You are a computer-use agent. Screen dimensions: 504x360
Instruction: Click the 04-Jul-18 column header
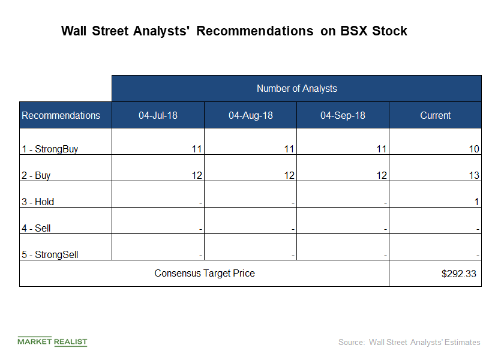158,115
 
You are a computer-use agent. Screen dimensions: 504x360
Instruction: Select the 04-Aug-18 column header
250,115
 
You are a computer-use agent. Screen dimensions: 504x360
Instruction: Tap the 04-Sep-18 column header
343,115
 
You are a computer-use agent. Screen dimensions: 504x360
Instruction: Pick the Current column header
435,115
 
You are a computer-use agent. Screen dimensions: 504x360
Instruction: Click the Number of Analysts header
296,88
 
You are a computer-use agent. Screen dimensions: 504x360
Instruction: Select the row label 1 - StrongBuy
50,149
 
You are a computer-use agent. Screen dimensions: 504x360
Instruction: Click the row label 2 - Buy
36,175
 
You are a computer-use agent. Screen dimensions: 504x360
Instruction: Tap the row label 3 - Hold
38,202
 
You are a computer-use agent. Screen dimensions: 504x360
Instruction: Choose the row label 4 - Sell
36,228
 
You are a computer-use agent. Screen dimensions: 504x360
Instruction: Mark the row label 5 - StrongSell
50,254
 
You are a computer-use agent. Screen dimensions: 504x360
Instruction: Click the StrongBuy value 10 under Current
474,149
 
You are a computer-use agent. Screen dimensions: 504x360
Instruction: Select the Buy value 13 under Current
474,175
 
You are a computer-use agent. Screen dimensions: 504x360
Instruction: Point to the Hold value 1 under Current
476,202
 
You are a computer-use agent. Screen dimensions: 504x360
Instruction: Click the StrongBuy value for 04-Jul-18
197,149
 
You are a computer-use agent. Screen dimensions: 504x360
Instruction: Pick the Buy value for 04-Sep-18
382,175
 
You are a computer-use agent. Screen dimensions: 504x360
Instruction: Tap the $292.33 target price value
458,274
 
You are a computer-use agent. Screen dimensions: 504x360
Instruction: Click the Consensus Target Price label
205,273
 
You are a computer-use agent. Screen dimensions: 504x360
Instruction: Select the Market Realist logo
52,341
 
